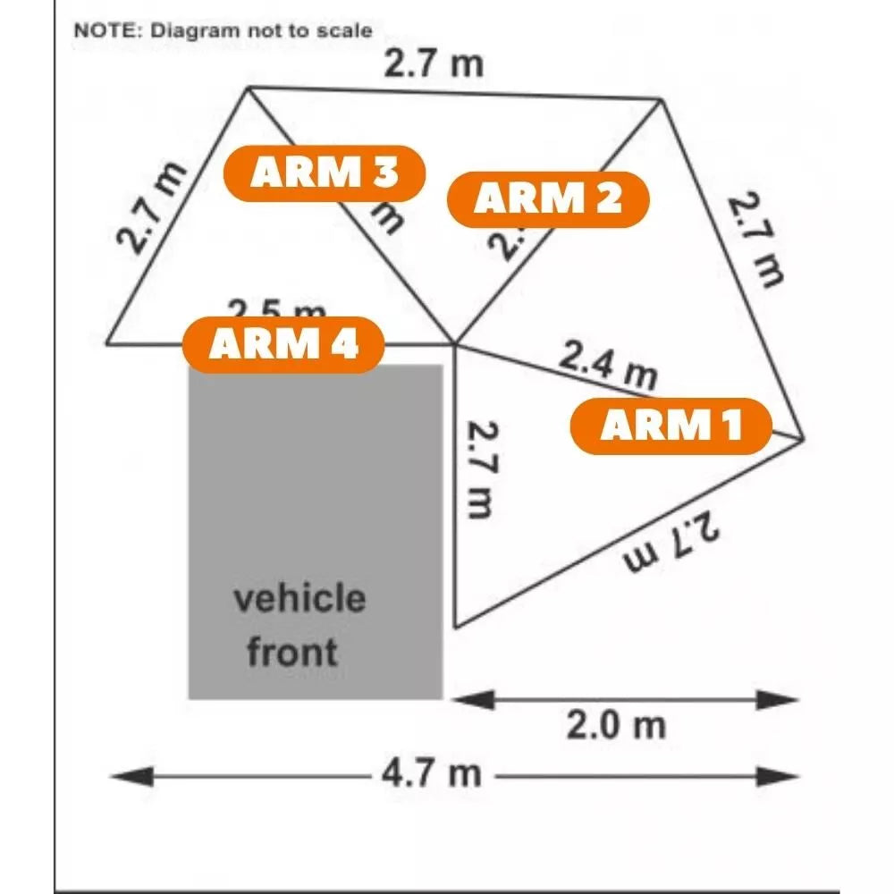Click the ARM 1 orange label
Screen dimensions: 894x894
[670, 426]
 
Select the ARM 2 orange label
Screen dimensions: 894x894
[547, 198]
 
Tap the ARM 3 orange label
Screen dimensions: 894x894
[324, 172]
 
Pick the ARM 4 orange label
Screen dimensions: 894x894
[283, 344]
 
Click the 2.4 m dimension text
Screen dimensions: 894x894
[609, 364]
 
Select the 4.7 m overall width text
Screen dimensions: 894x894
[432, 773]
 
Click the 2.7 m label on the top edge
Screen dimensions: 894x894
[434, 64]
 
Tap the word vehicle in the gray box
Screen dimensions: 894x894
[299, 597]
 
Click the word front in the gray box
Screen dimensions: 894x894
[292, 651]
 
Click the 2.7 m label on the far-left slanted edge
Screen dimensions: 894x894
[151, 207]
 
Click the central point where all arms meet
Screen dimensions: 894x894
[455, 343]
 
